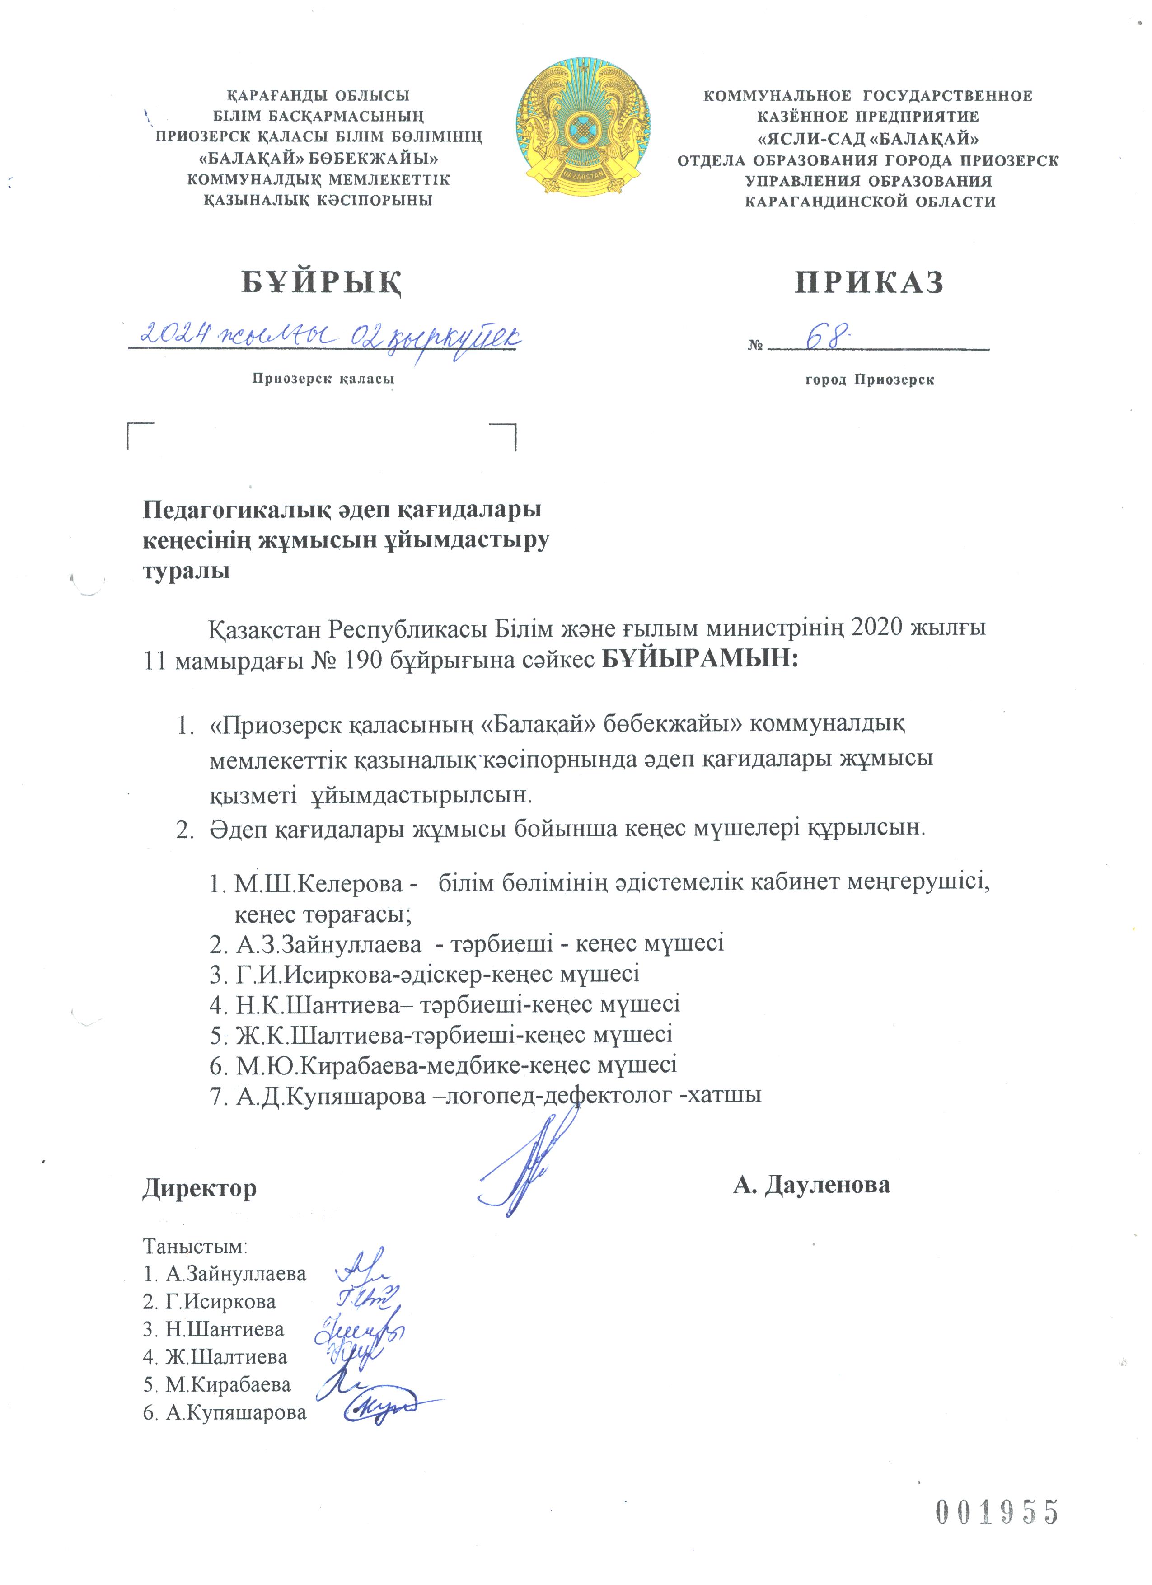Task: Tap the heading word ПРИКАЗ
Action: click(870, 283)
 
